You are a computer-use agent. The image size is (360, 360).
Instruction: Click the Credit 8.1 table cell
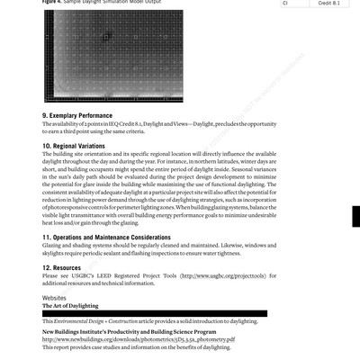click(x=332, y=4)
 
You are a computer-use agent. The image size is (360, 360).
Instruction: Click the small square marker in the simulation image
click(x=106, y=38)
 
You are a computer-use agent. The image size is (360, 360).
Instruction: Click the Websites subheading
click(x=55, y=296)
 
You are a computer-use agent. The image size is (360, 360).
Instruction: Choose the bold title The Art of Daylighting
click(x=71, y=305)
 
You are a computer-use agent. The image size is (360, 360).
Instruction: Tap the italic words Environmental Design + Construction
click(x=99, y=321)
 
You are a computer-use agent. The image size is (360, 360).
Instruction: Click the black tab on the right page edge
click(x=356, y=240)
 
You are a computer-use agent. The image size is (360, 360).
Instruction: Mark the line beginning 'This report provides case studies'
click(x=125, y=347)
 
